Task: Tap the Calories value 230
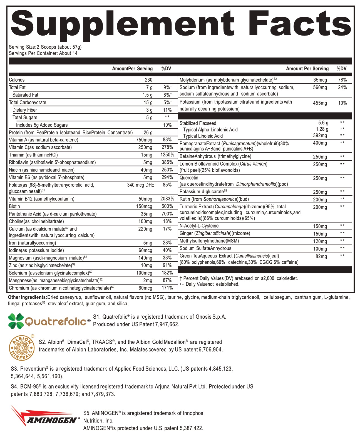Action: coord(148,80)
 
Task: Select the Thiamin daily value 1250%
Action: coord(167,155)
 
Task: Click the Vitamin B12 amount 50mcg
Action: coord(145,199)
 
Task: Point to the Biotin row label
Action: coord(14,206)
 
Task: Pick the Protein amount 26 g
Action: coord(148,133)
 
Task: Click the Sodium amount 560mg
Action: coord(320,88)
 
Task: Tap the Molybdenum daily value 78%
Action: coord(342,80)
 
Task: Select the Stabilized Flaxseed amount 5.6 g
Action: coord(323,123)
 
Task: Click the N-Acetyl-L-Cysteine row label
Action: coord(199,226)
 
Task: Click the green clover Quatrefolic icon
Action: coord(16,321)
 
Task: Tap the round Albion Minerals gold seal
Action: coord(22,347)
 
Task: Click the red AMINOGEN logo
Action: coord(44,417)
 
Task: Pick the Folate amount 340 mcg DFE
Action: coord(140,185)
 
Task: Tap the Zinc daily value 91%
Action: coord(167,265)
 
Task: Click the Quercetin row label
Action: coord(189,178)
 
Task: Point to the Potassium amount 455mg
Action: coord(320,103)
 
